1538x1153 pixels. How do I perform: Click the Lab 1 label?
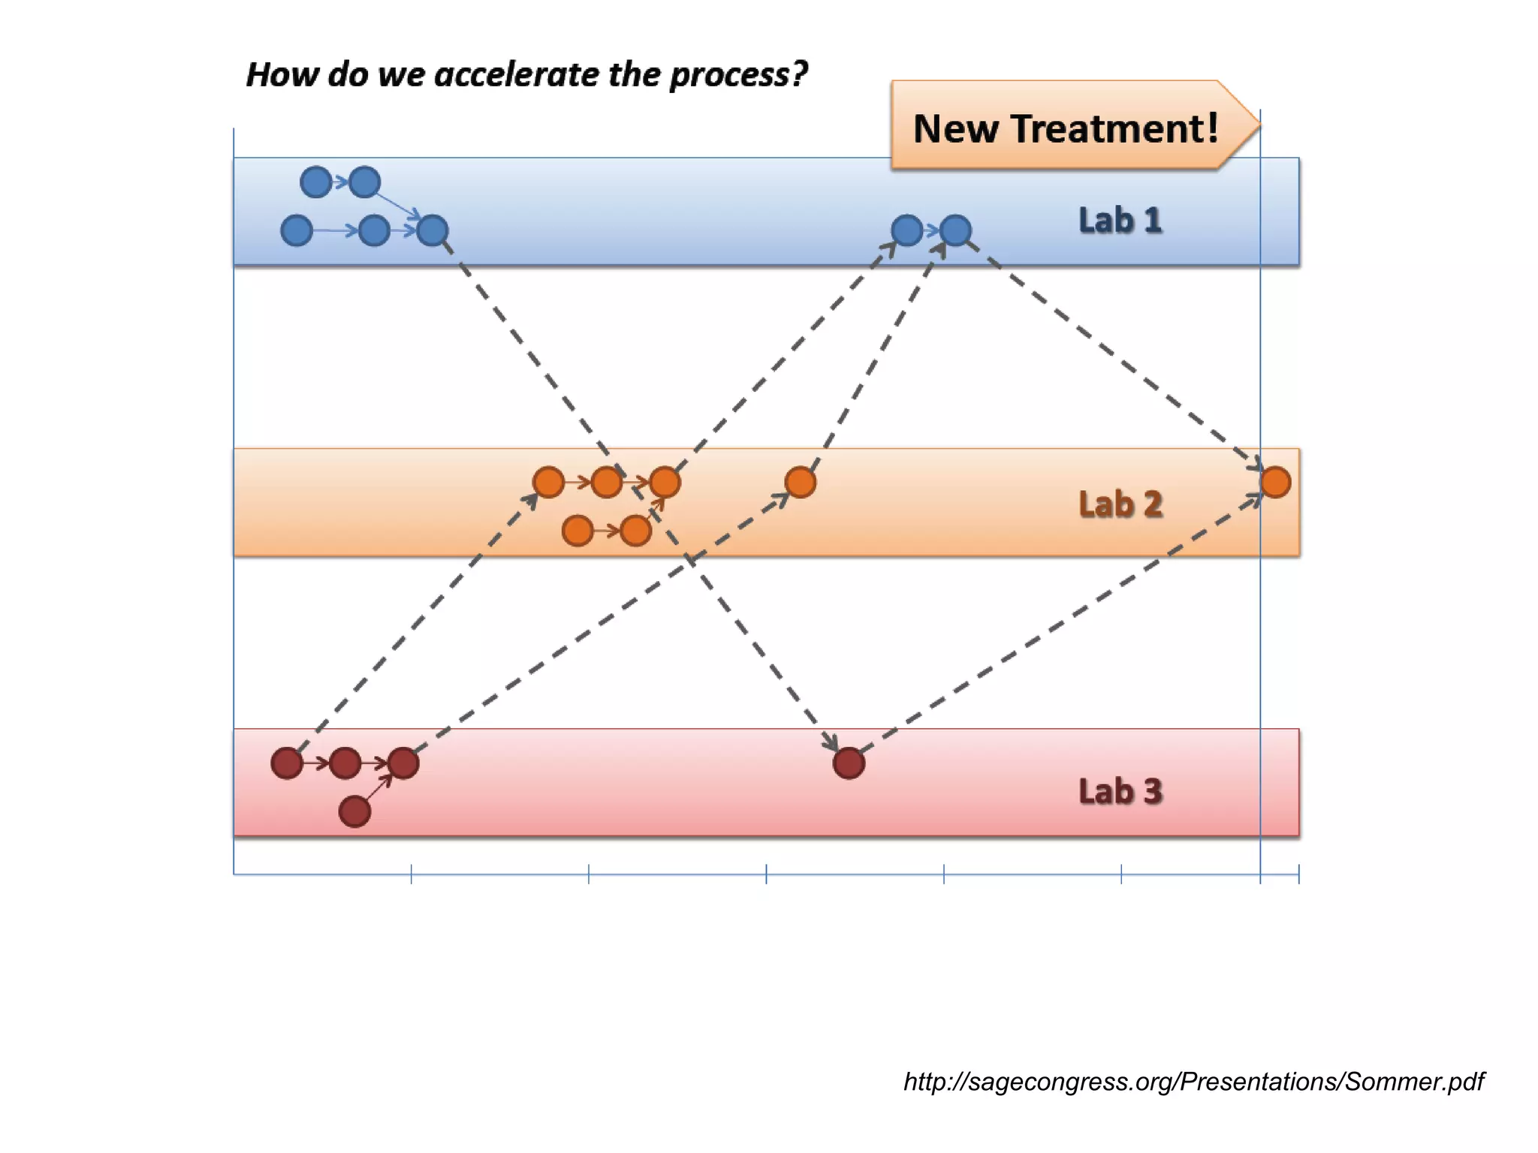pos(1120,221)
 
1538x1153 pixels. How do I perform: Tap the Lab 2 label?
pos(1120,504)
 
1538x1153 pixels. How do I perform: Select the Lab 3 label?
pos(1120,791)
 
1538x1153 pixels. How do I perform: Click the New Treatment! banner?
pos(1066,127)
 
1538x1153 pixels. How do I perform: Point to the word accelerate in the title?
pos(518,74)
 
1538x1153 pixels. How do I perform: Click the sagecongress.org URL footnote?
pos(1193,1081)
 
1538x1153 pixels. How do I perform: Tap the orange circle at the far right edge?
pos(1275,482)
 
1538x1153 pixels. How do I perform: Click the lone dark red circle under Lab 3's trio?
pos(354,811)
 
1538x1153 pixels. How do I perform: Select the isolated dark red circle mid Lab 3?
pos(849,763)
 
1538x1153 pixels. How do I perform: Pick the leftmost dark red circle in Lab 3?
pos(287,763)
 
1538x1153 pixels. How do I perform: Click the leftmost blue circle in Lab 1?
pos(297,230)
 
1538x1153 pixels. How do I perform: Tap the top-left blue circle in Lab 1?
pos(316,182)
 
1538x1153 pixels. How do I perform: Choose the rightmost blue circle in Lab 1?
pos(955,230)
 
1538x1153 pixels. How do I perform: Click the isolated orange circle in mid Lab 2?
pos(800,482)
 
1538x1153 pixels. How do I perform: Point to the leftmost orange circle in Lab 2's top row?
pos(548,482)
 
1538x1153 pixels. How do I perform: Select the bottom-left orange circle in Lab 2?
pos(578,531)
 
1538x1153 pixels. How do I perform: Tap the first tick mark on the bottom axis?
pos(412,874)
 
